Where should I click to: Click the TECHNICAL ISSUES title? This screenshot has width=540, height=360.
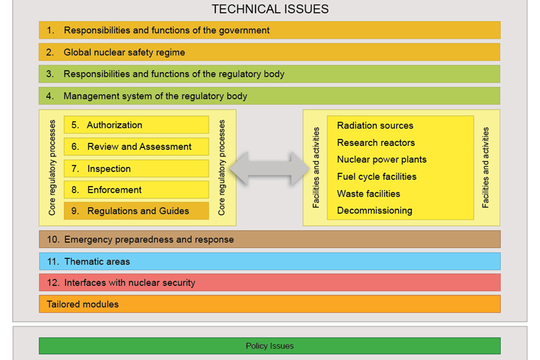click(270, 9)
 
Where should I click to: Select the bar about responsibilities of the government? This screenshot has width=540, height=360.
click(269, 30)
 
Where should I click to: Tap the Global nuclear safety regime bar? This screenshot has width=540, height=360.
click(269, 52)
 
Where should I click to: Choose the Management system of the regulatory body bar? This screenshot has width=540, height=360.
click(269, 96)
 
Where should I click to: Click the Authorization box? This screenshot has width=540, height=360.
click(136, 125)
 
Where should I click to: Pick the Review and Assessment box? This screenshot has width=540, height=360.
click(136, 147)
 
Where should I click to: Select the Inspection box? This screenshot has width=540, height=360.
click(136, 169)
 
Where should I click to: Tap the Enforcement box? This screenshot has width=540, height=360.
click(136, 190)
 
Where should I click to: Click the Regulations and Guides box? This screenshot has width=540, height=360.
click(136, 211)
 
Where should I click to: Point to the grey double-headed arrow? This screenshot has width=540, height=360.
click(269, 168)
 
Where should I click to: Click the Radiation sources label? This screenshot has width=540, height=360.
click(375, 125)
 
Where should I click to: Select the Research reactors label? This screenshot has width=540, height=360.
click(376, 143)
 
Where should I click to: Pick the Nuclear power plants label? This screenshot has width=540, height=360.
click(382, 159)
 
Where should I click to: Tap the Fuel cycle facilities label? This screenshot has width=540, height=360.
click(377, 177)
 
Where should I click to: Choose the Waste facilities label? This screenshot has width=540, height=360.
click(369, 194)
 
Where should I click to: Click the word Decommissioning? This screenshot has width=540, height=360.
click(375, 211)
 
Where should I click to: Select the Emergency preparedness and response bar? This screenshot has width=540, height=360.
click(269, 239)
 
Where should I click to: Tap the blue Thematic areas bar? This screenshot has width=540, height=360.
click(269, 261)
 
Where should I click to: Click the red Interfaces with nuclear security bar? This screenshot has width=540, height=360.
click(269, 283)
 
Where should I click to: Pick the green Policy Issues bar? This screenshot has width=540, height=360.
click(269, 346)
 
